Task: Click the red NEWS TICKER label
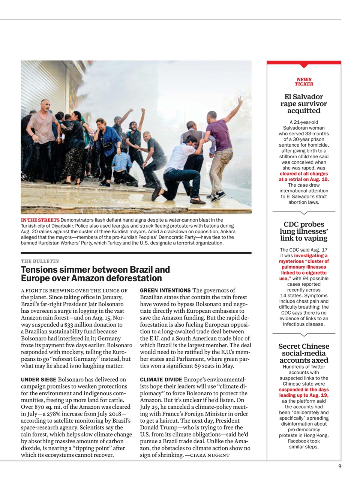pos(304,81)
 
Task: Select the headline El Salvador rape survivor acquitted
pos(304,103)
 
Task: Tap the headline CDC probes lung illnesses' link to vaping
pos(304,231)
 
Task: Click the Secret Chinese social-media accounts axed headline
pos(304,353)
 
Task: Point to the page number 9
pos(339,466)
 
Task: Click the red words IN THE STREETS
pos(40,220)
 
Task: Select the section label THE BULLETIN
pos(40,261)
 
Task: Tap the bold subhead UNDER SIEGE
pos(39,379)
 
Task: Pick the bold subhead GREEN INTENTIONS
pos(165,290)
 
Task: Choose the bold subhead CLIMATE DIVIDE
pos(161,379)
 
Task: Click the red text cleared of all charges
pos(304,174)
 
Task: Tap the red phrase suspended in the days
pos(304,390)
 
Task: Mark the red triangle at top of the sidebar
pos(304,66)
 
